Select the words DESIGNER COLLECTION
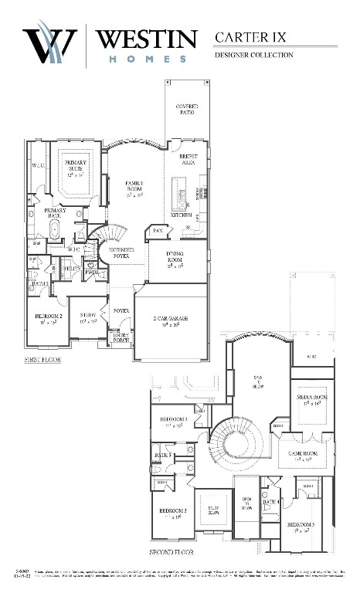pyautogui.click(x=253, y=55)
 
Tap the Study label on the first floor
pyautogui.click(x=87, y=317)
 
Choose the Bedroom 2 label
pyautogui.click(x=48, y=318)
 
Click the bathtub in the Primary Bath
pyautogui.click(x=55, y=230)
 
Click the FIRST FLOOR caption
pyautogui.click(x=43, y=361)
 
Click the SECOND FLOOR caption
pyautogui.click(x=172, y=553)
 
